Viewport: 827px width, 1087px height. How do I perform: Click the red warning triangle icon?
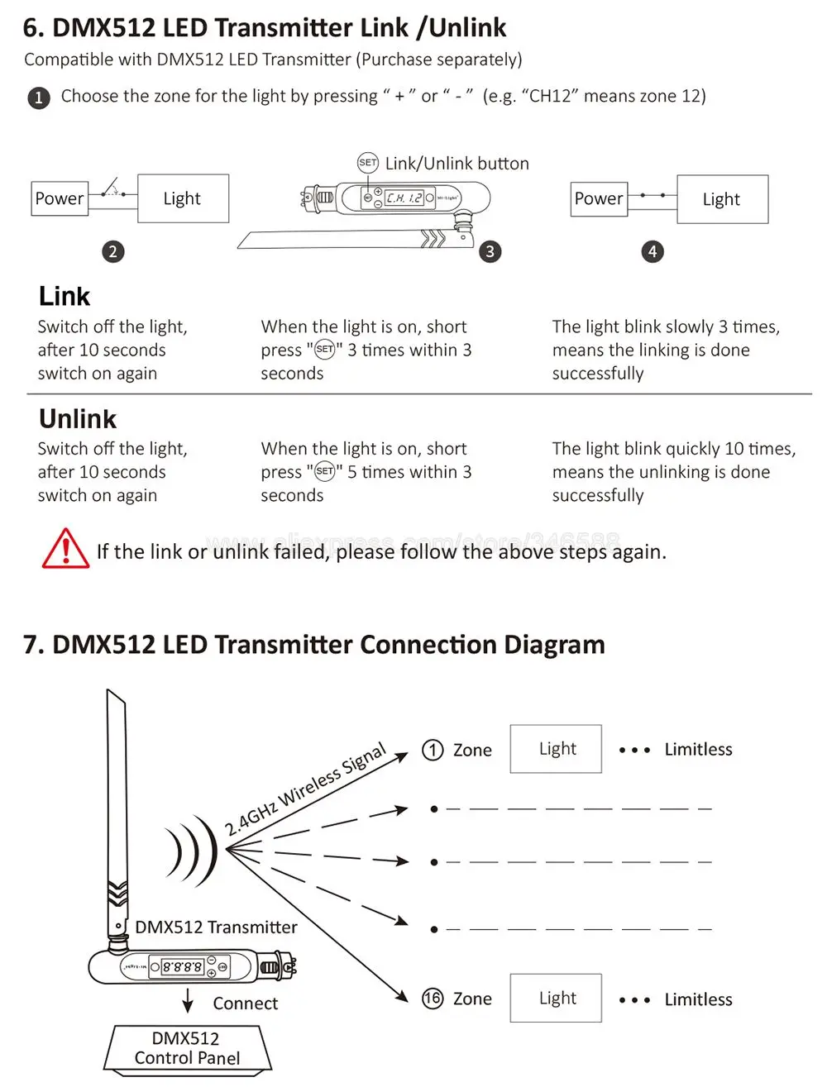pyautogui.click(x=65, y=549)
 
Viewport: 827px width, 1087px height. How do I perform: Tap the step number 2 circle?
pyautogui.click(x=113, y=251)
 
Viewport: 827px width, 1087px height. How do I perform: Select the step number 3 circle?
pyautogui.click(x=490, y=251)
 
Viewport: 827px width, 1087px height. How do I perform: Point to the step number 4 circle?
pyautogui.click(x=653, y=251)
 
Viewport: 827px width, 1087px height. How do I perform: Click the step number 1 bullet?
pyautogui.click(x=38, y=98)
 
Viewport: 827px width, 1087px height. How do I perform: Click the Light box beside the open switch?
pyautogui.click(x=183, y=198)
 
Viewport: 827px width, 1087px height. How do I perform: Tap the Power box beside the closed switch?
pyautogui.click(x=599, y=199)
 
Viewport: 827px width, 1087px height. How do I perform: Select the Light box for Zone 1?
pyautogui.click(x=556, y=749)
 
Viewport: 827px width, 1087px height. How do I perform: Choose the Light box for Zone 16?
pyautogui.click(x=556, y=999)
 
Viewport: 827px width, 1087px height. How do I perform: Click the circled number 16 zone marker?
pyautogui.click(x=433, y=999)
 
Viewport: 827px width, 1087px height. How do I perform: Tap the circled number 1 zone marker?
pyautogui.click(x=433, y=750)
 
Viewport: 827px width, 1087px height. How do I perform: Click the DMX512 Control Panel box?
pyautogui.click(x=187, y=1049)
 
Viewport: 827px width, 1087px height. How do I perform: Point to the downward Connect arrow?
pyautogui.click(x=188, y=999)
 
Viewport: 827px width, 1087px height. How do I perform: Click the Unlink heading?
pyautogui.click(x=78, y=419)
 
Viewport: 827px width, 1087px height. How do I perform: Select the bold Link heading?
pyautogui.click(x=65, y=297)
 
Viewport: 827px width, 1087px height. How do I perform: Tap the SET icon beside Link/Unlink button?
pyautogui.click(x=367, y=163)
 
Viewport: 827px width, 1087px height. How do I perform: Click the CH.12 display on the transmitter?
pyautogui.click(x=404, y=198)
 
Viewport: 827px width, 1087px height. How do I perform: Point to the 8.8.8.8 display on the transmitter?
pyautogui.click(x=181, y=966)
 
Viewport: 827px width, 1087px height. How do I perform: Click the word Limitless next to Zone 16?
pyautogui.click(x=698, y=999)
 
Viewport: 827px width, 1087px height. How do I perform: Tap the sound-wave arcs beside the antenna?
pyautogui.click(x=192, y=849)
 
